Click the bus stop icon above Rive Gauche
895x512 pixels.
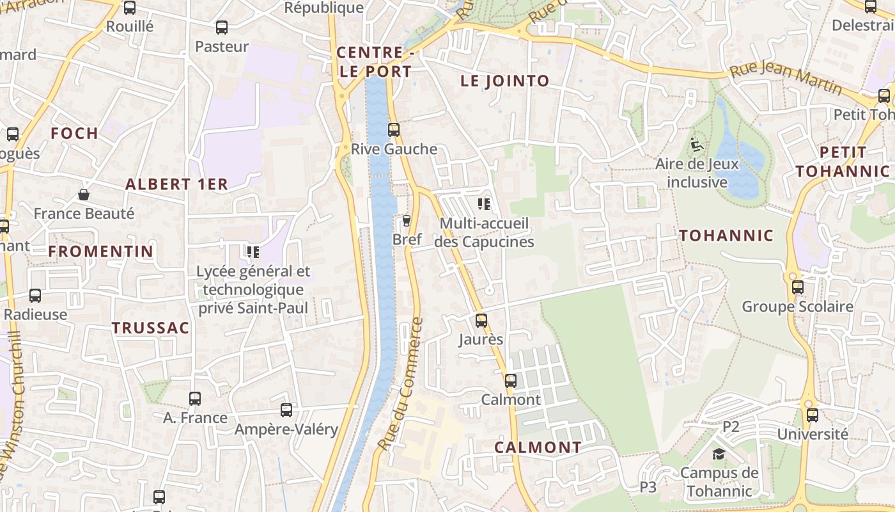pyautogui.click(x=394, y=130)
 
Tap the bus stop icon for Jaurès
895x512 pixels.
pyautogui.click(x=481, y=321)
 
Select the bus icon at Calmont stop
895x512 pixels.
pyautogui.click(x=510, y=381)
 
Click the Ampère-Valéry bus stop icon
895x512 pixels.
pyautogui.click(x=286, y=410)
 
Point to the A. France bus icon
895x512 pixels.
pyautogui.click(x=195, y=399)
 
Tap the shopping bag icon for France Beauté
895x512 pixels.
pyautogui.click(x=84, y=195)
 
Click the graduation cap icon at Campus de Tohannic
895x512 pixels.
pyautogui.click(x=719, y=454)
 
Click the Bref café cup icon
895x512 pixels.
pyautogui.click(x=406, y=221)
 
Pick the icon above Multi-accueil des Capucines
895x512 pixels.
pyautogui.click(x=484, y=204)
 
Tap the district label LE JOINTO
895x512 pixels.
pyautogui.click(x=505, y=81)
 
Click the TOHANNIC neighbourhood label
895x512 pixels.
pyautogui.click(x=726, y=236)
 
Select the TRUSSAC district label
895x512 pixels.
pyautogui.click(x=151, y=328)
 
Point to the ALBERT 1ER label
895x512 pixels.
pyautogui.click(x=176, y=184)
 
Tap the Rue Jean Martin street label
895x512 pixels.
pyautogui.click(x=786, y=79)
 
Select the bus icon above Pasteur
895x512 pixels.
pyautogui.click(x=222, y=28)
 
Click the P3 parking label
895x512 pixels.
pyautogui.click(x=648, y=487)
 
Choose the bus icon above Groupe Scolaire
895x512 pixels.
pyautogui.click(x=798, y=287)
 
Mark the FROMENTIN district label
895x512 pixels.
pyautogui.click(x=101, y=252)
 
